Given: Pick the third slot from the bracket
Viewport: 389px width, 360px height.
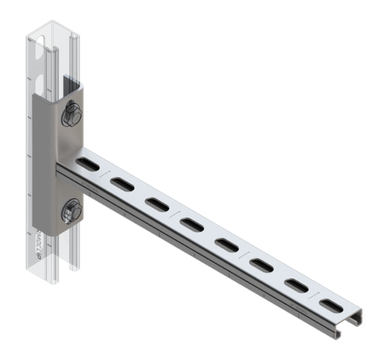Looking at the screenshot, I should pyautogui.click(x=157, y=203).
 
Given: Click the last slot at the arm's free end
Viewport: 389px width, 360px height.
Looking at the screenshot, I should pyautogui.click(x=331, y=306).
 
